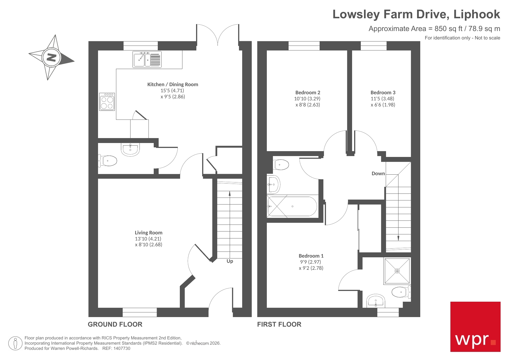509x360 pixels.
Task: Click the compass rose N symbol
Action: pyautogui.click(x=51, y=57)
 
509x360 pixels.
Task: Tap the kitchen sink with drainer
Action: pyautogui.click(x=147, y=59)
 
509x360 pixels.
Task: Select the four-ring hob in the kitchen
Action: pyautogui.click(x=107, y=102)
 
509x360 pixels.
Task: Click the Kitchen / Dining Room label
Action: pyautogui.click(x=173, y=84)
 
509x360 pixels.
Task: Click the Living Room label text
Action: pyautogui.click(x=148, y=233)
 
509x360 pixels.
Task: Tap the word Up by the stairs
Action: pyautogui.click(x=230, y=261)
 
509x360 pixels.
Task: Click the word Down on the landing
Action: pyautogui.click(x=378, y=173)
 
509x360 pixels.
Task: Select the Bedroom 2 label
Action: pyautogui.click(x=308, y=93)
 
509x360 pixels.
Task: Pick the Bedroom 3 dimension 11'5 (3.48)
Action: pyautogui.click(x=382, y=99)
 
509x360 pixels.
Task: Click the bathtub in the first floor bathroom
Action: pyautogui.click(x=292, y=207)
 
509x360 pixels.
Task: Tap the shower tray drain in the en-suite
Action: pyautogui.click(x=397, y=271)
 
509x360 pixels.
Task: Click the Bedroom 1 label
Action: pyautogui.click(x=311, y=256)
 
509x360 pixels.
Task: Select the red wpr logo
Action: pyautogui.click(x=475, y=327)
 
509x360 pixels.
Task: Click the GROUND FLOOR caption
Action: pyautogui.click(x=115, y=324)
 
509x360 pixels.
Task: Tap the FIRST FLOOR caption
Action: pyautogui.click(x=279, y=324)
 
